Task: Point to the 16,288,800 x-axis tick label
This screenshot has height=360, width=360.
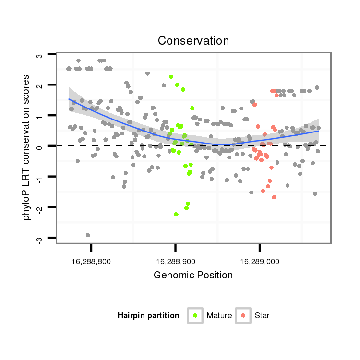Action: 91,262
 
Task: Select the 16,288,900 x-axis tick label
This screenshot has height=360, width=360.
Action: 175,262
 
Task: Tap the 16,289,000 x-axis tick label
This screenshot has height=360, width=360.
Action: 260,262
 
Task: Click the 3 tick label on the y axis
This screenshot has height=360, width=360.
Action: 40,55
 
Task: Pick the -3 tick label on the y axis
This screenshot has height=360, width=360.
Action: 40,238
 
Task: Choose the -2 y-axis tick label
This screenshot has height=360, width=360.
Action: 40,208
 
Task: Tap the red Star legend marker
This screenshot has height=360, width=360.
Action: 243,315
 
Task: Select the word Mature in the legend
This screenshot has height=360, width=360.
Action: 219,315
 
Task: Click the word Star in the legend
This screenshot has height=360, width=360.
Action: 262,315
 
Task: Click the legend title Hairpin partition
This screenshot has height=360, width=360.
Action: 148,315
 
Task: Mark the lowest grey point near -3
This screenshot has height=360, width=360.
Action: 88,235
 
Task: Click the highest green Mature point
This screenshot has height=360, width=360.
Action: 171,77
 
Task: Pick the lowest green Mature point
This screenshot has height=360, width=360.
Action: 177,214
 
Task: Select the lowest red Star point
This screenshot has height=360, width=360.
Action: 274,197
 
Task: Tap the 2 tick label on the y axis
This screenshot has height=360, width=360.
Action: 40,85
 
